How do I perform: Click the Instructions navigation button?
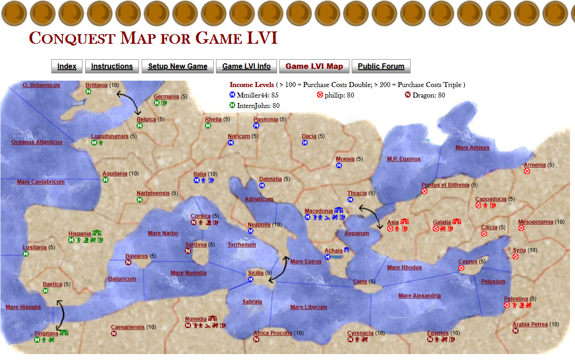(112, 66)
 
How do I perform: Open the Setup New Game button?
(177, 66)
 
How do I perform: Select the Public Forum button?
(381, 66)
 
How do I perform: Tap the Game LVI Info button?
(246, 66)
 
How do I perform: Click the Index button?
(67, 66)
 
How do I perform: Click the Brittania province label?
(97, 85)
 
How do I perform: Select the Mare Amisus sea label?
(472, 147)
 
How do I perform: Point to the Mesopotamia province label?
(535, 222)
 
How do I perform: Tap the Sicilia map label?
(256, 273)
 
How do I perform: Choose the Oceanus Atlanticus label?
(37, 142)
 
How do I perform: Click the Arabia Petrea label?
(530, 324)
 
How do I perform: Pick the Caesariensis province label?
(128, 327)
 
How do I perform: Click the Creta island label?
(360, 281)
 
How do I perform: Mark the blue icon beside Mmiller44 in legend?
(232, 95)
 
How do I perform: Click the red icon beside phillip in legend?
(320, 95)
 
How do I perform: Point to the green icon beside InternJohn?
(232, 105)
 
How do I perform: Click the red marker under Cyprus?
(461, 268)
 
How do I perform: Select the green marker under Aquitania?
(105, 180)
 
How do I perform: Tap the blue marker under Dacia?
(305, 143)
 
